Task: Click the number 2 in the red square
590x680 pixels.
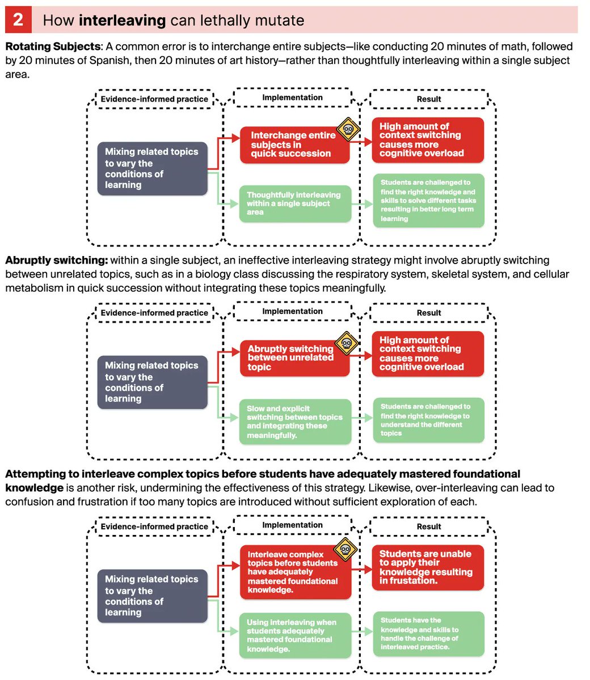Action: coord(18,20)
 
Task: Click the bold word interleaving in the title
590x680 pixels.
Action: coord(122,20)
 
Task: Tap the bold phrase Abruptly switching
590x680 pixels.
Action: coord(56,260)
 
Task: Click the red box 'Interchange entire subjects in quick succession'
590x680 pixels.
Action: coord(294,144)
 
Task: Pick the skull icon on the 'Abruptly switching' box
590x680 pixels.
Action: coord(346,342)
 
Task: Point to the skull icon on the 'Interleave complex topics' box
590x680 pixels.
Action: coord(345,549)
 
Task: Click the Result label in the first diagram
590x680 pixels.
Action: coord(429,99)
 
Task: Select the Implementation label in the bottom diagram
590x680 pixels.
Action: coord(292,525)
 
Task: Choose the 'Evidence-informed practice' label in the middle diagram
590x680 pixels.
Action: coord(154,312)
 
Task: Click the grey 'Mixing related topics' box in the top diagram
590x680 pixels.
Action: coord(152,168)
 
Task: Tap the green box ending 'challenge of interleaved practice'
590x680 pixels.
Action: coord(428,634)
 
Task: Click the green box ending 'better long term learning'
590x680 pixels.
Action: coord(428,201)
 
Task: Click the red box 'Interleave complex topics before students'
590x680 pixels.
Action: coord(294,572)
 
